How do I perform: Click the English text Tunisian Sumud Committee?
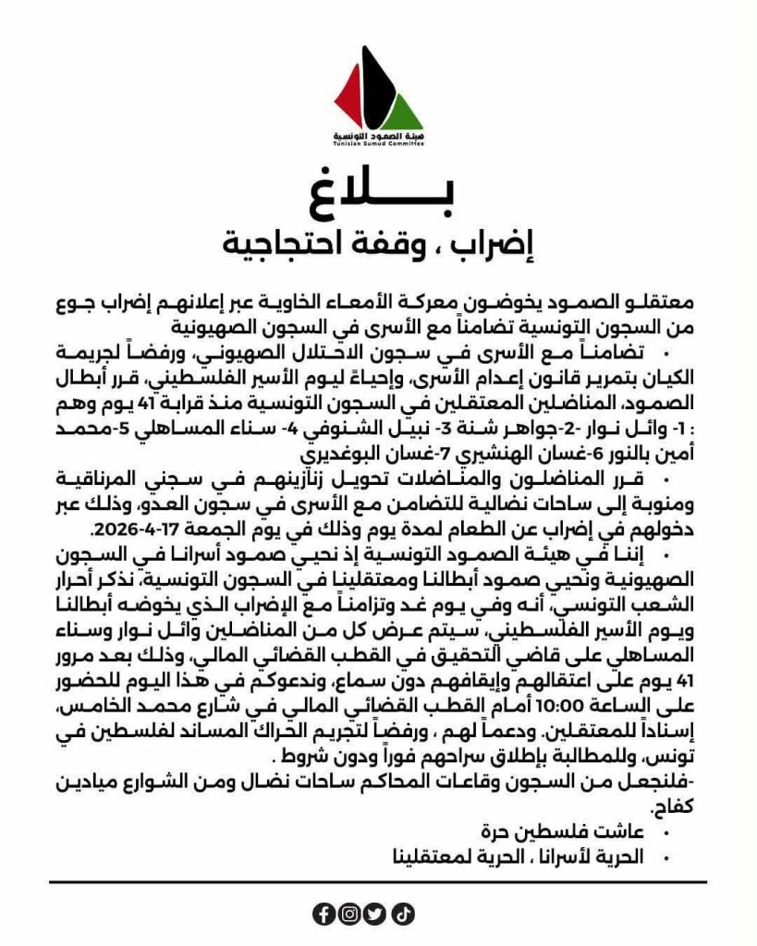coord(378,145)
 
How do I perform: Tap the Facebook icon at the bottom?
coord(324,914)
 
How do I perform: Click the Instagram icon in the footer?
coord(350,914)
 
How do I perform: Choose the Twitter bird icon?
coord(376,914)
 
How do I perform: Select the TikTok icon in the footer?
coord(403,914)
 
